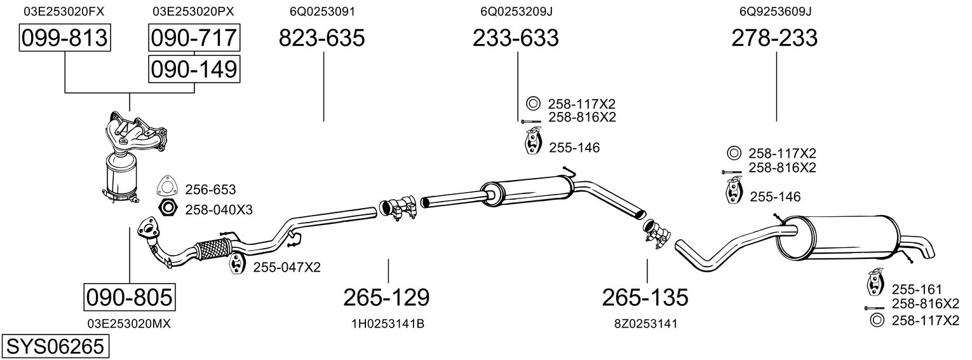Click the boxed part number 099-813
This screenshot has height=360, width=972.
(x=65, y=39)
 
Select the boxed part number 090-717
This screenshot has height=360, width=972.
(x=194, y=39)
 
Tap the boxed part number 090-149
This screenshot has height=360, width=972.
(x=194, y=69)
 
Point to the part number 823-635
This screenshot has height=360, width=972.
(x=323, y=39)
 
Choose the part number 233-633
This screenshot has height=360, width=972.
(x=516, y=39)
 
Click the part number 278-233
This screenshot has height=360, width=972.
(x=774, y=39)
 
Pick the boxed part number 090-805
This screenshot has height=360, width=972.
(x=130, y=297)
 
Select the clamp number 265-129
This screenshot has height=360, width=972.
(x=386, y=297)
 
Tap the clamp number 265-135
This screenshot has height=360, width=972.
(x=645, y=297)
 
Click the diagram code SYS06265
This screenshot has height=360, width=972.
(x=54, y=347)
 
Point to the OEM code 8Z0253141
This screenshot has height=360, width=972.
(x=645, y=324)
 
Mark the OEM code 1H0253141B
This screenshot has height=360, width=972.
(x=388, y=324)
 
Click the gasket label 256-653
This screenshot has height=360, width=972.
(x=210, y=190)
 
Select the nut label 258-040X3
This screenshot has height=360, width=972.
(x=219, y=209)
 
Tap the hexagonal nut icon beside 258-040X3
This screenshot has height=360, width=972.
(x=167, y=208)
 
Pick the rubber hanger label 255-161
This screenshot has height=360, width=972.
(x=917, y=289)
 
